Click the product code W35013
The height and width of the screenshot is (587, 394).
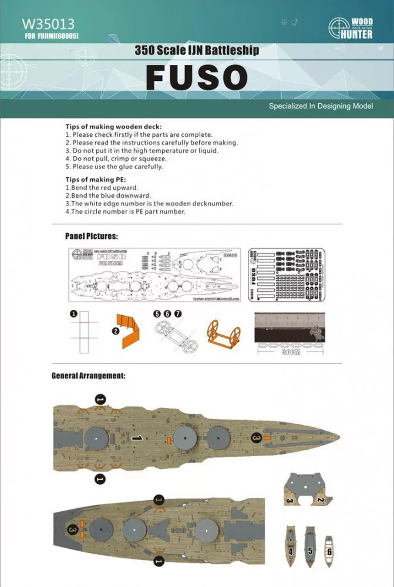[48, 24]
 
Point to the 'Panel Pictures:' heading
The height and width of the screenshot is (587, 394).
[91, 237]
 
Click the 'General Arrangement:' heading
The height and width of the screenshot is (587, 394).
[88, 375]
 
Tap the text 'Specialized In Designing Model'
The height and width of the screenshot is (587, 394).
[321, 106]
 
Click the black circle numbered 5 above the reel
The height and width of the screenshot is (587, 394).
[157, 315]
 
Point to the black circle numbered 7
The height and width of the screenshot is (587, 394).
[178, 315]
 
